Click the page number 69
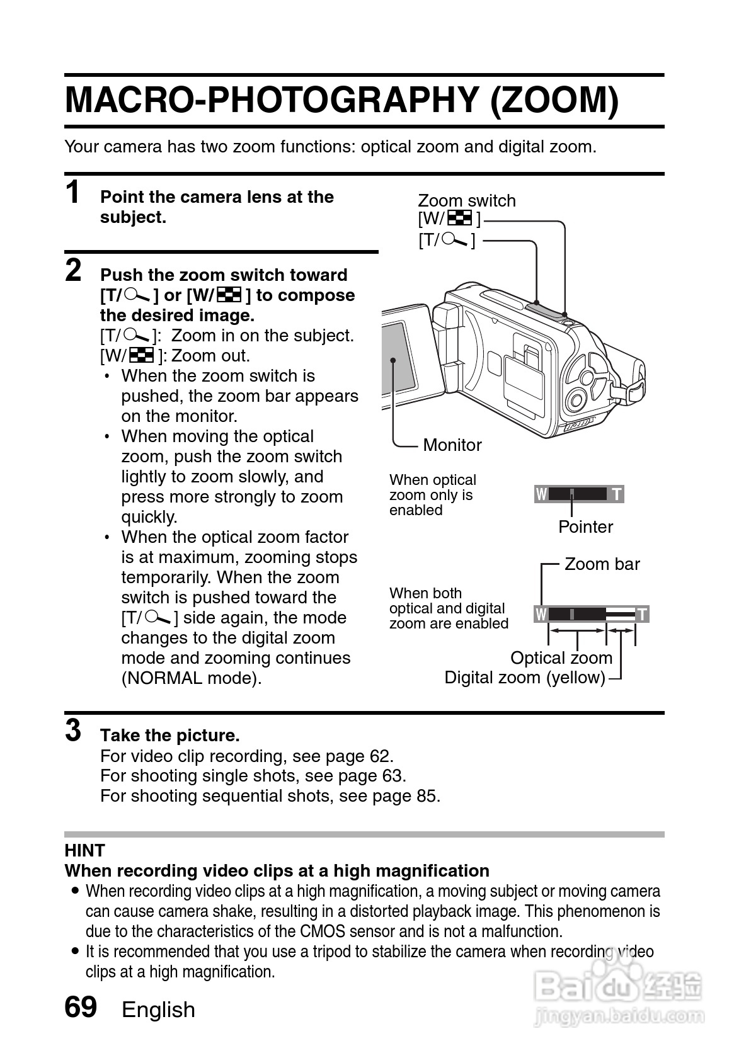(81, 1007)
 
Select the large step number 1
(74, 191)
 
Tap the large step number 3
(74, 731)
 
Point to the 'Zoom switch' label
(466, 201)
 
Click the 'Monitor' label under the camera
(452, 445)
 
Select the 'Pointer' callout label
(585, 527)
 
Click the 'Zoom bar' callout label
(602, 564)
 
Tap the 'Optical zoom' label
(561, 658)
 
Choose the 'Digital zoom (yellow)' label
(524, 678)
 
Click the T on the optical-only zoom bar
(617, 494)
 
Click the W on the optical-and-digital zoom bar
(541, 614)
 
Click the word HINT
(84, 851)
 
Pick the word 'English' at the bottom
(158, 1010)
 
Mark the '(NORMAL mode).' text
(191, 678)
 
